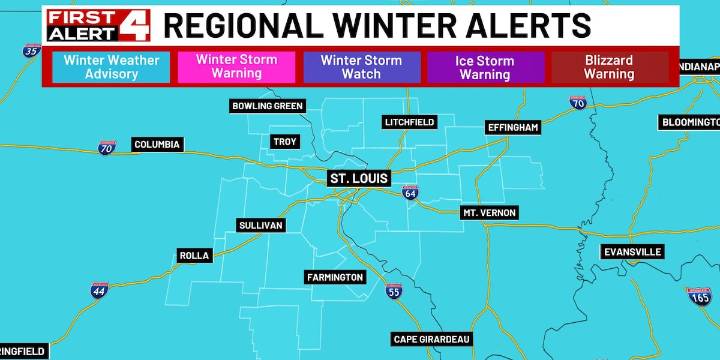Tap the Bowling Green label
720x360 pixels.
click(x=266, y=106)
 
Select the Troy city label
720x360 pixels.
click(x=285, y=142)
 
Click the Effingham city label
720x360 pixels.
click(x=513, y=128)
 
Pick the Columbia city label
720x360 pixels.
click(x=158, y=145)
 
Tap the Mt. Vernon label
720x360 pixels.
click(x=488, y=214)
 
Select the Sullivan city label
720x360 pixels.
click(x=261, y=226)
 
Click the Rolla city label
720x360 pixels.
click(x=194, y=256)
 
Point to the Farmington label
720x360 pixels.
click(x=335, y=277)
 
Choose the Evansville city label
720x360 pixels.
click(x=632, y=252)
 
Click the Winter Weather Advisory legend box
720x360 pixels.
click(x=111, y=67)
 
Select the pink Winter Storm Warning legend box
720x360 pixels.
click(x=236, y=67)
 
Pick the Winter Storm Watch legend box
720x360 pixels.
click(x=361, y=67)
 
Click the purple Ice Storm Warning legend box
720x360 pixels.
click(x=485, y=67)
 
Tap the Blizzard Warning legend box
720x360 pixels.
click(x=609, y=67)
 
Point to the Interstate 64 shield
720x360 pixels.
click(x=410, y=192)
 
